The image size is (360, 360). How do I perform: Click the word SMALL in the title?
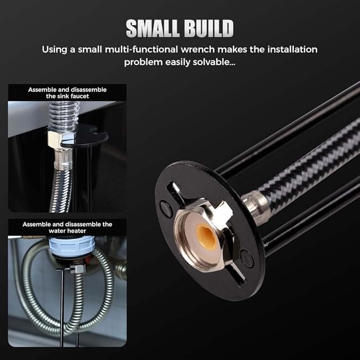153,28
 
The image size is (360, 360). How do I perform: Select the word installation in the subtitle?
292,49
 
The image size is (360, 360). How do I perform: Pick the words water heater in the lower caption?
67,231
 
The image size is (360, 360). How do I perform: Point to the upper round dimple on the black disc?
165,209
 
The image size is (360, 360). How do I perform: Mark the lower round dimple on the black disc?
247,259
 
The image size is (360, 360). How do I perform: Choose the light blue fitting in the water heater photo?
72,247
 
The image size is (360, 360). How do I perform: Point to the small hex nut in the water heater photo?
77,269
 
